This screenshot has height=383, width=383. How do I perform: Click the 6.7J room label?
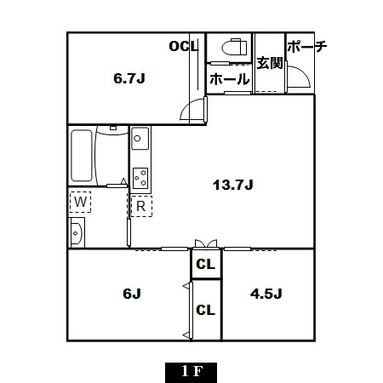(129, 78)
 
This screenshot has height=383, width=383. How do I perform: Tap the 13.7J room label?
(233, 185)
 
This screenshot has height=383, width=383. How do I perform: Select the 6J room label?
(132, 294)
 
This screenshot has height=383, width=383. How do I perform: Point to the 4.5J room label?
(266, 294)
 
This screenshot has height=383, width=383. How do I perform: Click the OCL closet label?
(184, 46)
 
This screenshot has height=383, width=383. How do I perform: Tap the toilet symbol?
(234, 47)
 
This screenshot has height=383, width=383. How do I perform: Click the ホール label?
(230, 79)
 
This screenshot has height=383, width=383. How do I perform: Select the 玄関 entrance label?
(270, 63)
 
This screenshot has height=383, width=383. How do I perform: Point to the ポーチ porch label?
(307, 46)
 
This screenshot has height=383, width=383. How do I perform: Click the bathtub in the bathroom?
(82, 156)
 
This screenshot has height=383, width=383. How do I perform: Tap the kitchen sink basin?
(140, 138)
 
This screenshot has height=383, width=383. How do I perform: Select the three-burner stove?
(140, 178)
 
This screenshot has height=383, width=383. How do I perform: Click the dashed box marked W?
(80, 202)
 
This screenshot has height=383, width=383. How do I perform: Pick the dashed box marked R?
(141, 206)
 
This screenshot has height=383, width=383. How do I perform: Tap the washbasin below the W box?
(76, 233)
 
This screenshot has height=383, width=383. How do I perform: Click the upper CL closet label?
(206, 265)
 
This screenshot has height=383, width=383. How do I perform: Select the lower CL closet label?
(206, 310)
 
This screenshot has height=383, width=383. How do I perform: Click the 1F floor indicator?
(191, 371)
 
